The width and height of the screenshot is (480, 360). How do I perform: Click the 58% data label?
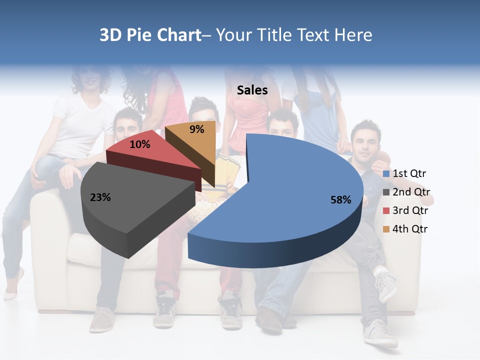click(x=340, y=200)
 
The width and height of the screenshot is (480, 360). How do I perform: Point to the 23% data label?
click(x=100, y=197)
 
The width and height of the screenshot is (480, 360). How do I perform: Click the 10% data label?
click(x=139, y=144)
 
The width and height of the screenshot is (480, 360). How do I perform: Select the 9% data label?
click(x=197, y=129)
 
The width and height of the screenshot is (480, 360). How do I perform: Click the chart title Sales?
click(x=252, y=90)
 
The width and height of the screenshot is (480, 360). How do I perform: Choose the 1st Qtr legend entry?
click(x=409, y=174)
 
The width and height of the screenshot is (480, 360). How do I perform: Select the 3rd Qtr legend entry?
click(x=410, y=210)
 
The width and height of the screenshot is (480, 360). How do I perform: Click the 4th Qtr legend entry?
click(x=410, y=229)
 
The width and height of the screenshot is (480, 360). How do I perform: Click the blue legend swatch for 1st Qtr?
click(x=386, y=174)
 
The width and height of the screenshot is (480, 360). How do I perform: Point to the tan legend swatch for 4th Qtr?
click(x=386, y=229)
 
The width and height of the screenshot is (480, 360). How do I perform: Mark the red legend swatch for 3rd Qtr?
click(x=386, y=210)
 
